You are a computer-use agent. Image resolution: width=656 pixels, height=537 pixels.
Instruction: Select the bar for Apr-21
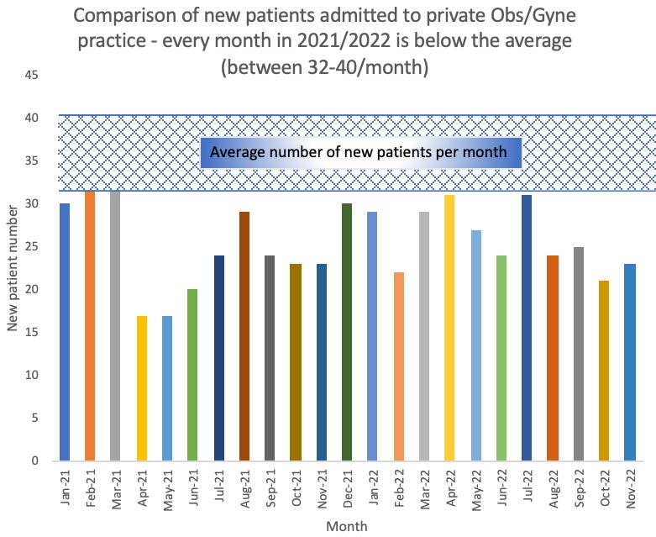(x=143, y=388)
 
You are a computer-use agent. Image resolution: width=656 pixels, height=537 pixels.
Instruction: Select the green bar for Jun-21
(x=194, y=375)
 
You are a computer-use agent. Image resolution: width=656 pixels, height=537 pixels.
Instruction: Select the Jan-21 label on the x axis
(x=66, y=486)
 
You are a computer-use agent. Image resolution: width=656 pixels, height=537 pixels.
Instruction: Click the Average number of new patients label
(x=359, y=153)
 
